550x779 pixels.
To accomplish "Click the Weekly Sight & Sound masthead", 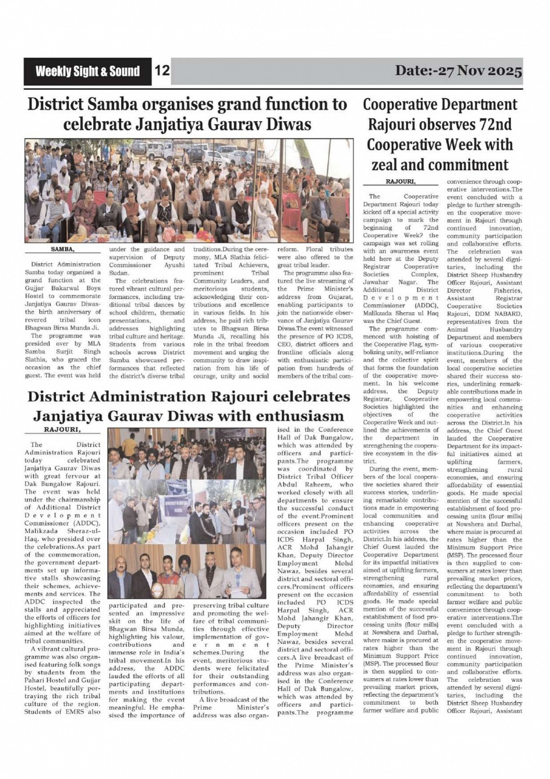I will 87,72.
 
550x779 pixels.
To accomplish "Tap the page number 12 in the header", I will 162,71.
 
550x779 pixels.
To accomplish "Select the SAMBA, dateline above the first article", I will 63,249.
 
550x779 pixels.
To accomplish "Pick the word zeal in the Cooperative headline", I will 392,165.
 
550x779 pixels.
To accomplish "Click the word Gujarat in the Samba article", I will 339,296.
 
